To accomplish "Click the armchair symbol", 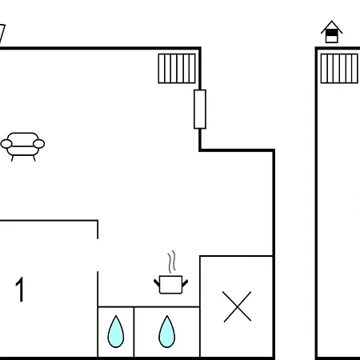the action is (22, 146).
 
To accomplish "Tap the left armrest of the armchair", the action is (6, 144).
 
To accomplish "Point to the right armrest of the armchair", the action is (39, 144).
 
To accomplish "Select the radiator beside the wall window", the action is (177, 69).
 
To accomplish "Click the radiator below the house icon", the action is (339, 69).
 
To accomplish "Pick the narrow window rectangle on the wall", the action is (200, 110).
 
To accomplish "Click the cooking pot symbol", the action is (170, 285).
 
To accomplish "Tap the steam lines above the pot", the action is (172, 262).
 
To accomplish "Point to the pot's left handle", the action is (157, 282).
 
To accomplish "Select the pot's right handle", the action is (185, 282).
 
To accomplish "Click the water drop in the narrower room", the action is (116, 331).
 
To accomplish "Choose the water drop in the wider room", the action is (167, 331).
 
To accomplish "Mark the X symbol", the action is (237, 306).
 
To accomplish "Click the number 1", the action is (20, 290).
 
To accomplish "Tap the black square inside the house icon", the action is (331, 33).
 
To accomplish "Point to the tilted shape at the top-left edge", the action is (2, 34).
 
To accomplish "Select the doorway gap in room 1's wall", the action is (98, 255).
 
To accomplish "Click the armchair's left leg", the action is (12, 158).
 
